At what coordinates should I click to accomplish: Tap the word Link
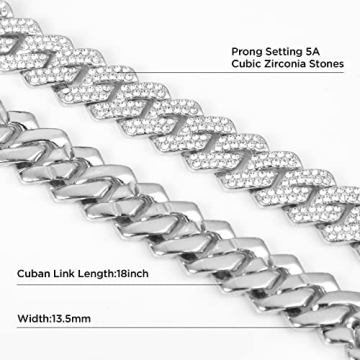tap(66, 272)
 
